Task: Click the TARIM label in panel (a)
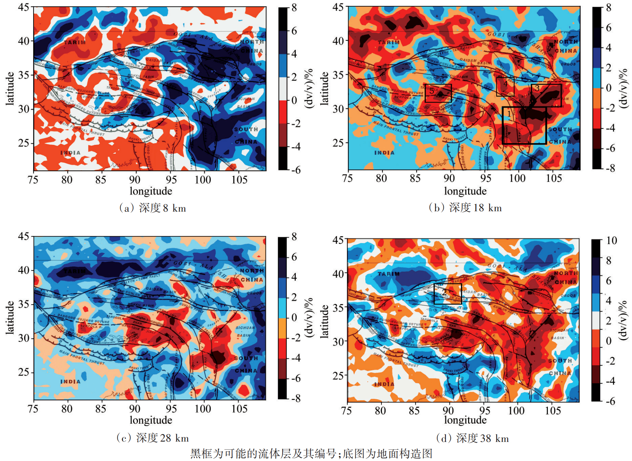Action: click(75, 42)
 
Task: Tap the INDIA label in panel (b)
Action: click(384, 153)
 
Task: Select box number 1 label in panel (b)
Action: click(509, 114)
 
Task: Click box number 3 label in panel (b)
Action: click(537, 88)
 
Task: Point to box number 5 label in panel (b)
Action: click(431, 91)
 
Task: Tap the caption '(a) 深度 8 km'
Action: click(153, 208)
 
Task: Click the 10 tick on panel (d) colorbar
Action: click(612, 241)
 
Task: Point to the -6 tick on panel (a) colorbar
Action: click(296, 170)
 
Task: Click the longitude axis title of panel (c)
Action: click(151, 420)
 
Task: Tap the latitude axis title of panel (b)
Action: click(324, 88)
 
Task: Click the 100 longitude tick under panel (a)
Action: click(203, 180)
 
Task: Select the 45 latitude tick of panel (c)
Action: click(24, 236)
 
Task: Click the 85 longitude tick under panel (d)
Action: click(414, 410)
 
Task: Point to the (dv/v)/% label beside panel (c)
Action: click(309, 318)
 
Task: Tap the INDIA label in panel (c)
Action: click(70, 382)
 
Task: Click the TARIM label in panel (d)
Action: click(389, 274)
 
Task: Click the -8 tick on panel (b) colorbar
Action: click(610, 168)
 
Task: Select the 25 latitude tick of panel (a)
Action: click(24, 143)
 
